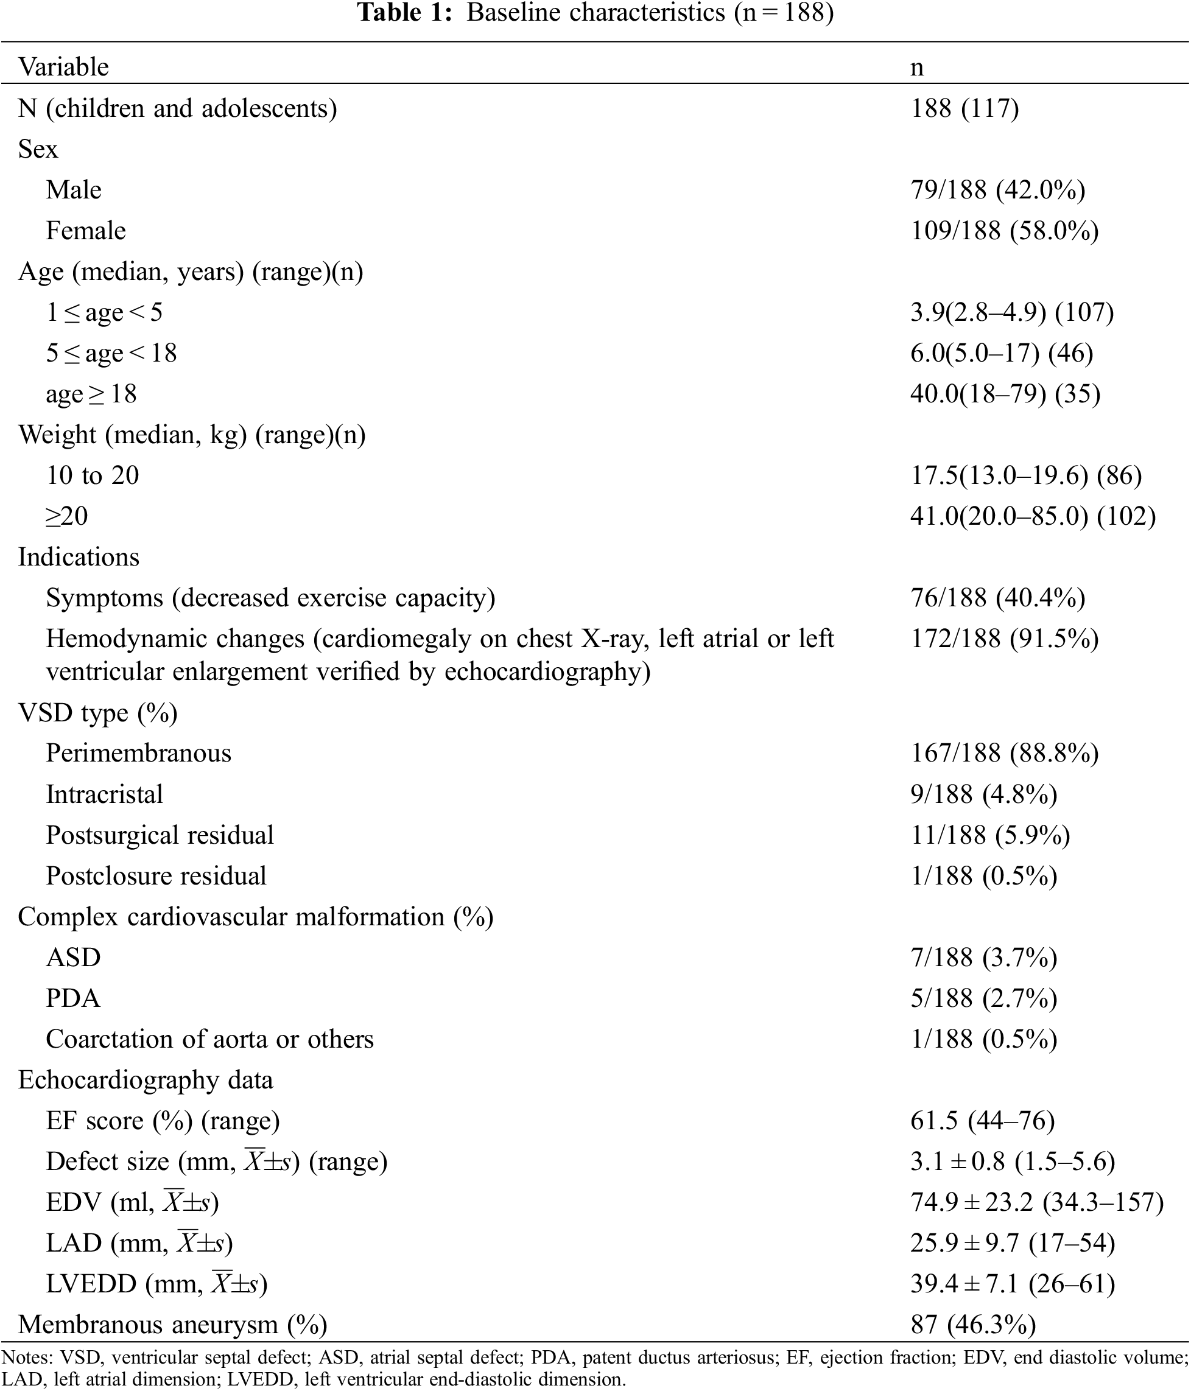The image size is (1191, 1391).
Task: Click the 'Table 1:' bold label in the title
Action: (x=404, y=13)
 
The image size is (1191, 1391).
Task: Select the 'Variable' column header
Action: (x=63, y=67)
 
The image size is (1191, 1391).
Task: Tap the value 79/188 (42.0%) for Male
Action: (x=997, y=190)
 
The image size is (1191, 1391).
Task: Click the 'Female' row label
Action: (x=85, y=231)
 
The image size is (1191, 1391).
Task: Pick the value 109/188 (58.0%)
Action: (x=1004, y=231)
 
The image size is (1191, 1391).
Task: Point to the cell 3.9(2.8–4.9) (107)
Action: (x=1012, y=312)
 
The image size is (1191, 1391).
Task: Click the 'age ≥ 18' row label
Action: (x=91, y=394)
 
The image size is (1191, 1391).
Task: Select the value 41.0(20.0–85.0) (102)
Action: (x=1033, y=516)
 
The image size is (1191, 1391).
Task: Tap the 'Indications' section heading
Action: (x=79, y=557)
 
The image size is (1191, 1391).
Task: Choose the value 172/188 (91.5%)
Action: (x=1004, y=639)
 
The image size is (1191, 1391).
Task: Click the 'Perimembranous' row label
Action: (x=138, y=753)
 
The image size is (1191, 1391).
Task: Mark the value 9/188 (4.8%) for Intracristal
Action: (x=983, y=794)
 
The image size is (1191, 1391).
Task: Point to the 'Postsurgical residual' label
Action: (x=160, y=835)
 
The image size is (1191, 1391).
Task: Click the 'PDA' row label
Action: (x=73, y=998)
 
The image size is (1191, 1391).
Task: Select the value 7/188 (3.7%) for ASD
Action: (x=983, y=958)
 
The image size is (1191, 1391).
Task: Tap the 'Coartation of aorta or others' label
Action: (x=209, y=1039)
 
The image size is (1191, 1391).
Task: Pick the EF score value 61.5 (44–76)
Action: (x=982, y=1121)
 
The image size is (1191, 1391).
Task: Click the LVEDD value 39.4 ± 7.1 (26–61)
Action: (x=1013, y=1284)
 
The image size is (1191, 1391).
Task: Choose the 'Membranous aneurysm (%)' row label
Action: (x=172, y=1325)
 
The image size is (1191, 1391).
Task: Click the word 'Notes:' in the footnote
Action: (x=27, y=1358)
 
